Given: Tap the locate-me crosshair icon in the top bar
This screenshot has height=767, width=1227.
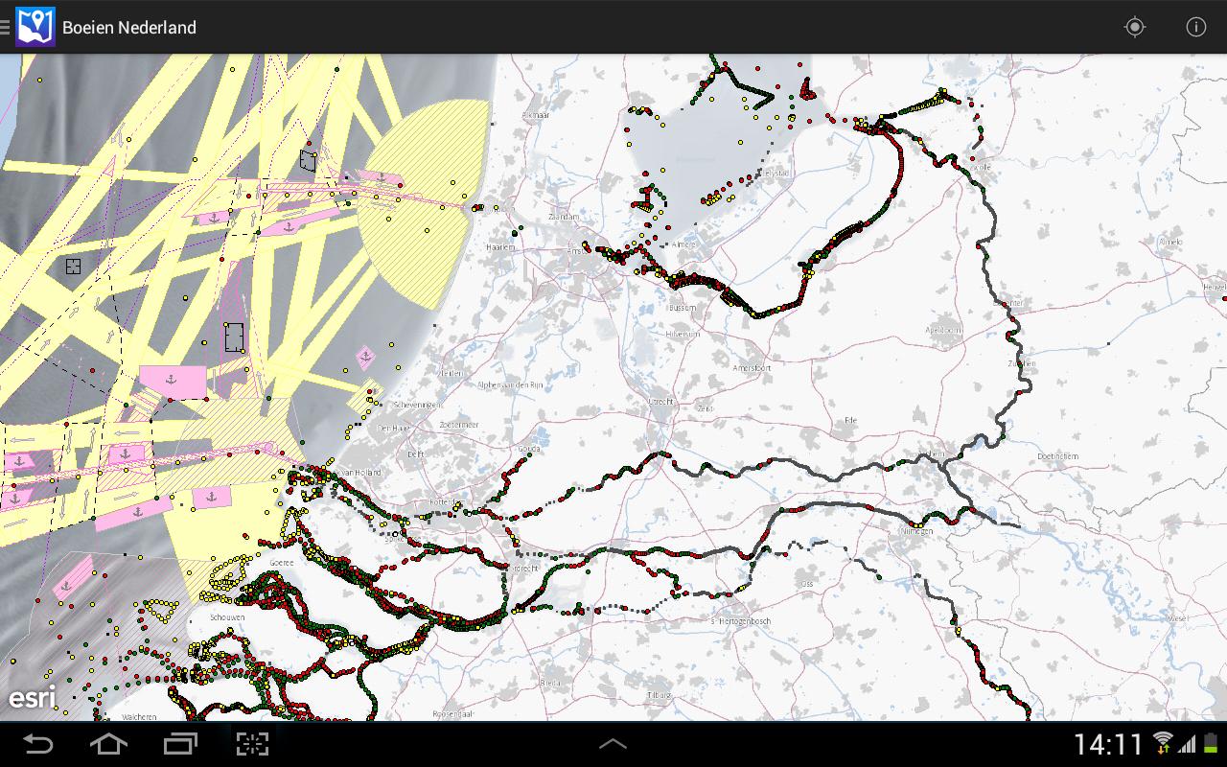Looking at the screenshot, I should coord(1135,27).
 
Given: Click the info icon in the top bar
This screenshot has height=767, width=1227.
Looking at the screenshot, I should coord(1196,27).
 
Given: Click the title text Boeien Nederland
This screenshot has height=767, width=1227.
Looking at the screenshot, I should coord(129,28).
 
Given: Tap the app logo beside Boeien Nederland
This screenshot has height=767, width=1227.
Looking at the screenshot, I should coord(35,27).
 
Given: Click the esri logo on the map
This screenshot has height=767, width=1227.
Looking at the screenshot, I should coord(32,697).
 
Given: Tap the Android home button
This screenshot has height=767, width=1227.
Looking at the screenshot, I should coord(107,743).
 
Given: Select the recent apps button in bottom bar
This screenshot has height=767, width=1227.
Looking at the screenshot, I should coord(180,743).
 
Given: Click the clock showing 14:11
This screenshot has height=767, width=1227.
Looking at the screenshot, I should coord(1108,744).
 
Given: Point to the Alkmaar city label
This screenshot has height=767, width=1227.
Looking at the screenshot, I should coord(535,115).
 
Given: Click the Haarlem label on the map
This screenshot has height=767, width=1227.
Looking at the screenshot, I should coord(500,246).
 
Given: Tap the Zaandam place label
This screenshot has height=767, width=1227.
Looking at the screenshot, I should coord(563,218).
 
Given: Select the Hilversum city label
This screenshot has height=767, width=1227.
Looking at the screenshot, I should coord(683,334).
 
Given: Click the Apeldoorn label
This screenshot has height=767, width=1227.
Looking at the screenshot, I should coord(943,329).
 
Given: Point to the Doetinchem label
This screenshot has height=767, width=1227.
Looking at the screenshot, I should coord(1057,456).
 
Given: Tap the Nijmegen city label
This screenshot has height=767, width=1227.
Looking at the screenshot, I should coord(915,530).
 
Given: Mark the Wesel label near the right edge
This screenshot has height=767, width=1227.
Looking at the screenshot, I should coord(1178,618).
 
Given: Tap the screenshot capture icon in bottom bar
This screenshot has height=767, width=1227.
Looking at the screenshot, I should coord(252,743).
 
